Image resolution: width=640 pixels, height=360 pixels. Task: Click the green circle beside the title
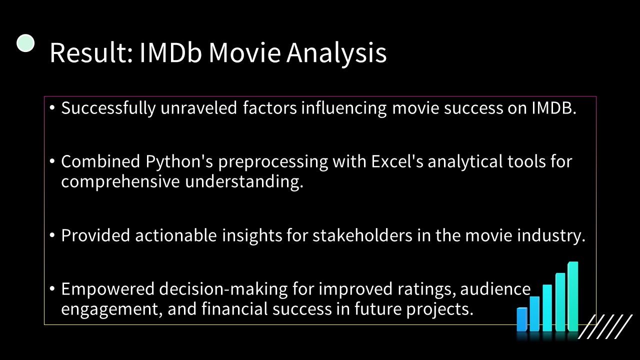click(25, 43)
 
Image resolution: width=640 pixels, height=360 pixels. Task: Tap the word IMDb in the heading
click(170, 53)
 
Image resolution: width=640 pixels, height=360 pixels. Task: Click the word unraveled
click(198, 108)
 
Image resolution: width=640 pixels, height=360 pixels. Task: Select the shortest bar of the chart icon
click(522, 319)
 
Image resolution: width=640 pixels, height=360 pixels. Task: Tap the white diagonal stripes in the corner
click(605, 326)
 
